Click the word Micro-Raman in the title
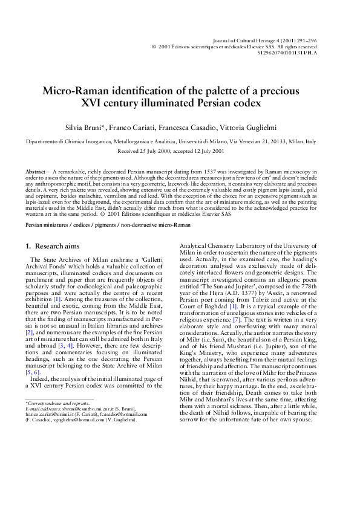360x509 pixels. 74,91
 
